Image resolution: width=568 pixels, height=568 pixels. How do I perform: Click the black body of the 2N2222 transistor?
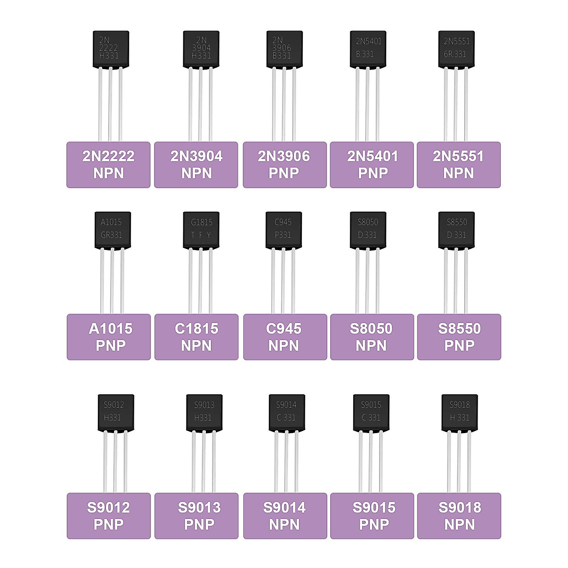coord(110,49)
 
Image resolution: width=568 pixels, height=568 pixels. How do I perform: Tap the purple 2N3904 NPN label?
coord(196,165)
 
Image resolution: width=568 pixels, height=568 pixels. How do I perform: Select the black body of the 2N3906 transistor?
coord(284,49)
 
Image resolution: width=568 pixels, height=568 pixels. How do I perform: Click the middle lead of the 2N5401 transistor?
coord(368,104)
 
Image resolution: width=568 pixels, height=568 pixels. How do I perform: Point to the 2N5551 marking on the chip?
coord(456,41)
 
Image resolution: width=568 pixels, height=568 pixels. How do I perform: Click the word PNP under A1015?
coord(110,346)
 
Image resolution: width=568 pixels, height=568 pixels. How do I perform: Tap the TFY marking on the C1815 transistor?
coord(201,235)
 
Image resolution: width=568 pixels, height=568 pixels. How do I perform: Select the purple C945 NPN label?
coord(284,337)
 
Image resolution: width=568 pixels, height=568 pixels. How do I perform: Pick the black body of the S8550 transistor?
coord(456,230)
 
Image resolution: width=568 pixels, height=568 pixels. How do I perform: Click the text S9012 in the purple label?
coord(108,507)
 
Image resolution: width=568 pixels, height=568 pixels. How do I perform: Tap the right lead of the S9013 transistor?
coord(213,461)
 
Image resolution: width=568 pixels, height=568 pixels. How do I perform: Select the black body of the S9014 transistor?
coord(286,412)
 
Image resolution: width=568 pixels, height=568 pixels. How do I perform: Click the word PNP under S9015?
coord(373,524)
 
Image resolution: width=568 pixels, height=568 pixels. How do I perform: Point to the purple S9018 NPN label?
coord(459,516)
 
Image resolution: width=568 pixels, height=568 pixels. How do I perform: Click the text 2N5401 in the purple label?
coord(373,156)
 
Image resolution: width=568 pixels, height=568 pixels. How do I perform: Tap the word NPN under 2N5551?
coord(458,173)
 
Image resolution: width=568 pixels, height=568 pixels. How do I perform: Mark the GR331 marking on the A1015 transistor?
coord(111,235)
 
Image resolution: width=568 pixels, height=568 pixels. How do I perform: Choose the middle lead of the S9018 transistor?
coord(459,461)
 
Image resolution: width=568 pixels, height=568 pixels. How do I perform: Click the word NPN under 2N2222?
coord(108,173)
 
